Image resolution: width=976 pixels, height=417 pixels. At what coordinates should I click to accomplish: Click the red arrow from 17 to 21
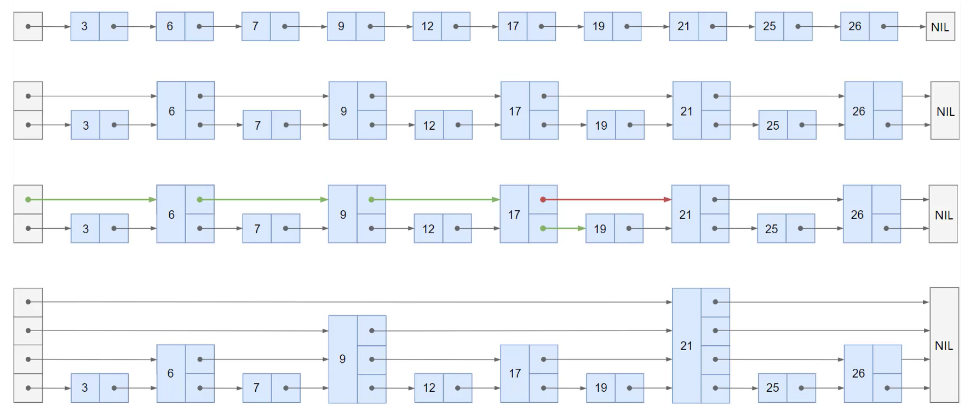607,200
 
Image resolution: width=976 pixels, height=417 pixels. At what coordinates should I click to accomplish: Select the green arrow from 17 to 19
564,228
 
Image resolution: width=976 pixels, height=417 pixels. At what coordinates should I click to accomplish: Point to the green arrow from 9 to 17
435,200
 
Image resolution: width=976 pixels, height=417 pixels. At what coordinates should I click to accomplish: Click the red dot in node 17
543,200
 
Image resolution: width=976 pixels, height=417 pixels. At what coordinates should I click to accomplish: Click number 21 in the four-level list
686,346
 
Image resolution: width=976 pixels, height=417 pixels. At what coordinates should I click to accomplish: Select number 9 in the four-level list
342,359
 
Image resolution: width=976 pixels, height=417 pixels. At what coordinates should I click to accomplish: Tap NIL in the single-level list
940,27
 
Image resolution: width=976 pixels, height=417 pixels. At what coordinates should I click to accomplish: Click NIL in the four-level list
944,346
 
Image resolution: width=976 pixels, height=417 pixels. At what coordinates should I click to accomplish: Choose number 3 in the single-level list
84,26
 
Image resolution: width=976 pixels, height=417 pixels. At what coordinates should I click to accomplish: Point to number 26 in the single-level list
854,26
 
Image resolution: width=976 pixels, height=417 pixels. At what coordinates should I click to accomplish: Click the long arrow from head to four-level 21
356,302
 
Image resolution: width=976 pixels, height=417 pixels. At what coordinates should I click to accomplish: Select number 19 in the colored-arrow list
600,229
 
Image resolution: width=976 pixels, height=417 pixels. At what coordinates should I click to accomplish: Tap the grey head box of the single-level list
28,26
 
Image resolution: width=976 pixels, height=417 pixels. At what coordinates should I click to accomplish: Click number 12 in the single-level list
427,26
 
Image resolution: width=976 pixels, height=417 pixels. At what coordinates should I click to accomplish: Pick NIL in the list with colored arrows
944,215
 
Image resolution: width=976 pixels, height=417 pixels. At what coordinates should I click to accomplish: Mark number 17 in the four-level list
515,373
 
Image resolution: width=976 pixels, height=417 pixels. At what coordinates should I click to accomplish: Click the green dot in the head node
28,200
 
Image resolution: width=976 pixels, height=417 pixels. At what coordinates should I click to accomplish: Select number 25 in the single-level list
769,26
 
